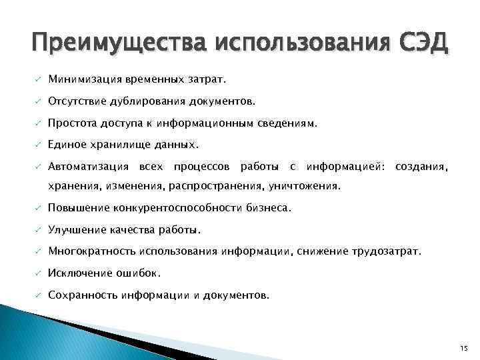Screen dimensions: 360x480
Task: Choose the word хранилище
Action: pos(118,145)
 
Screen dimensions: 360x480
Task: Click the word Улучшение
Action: pos(77,230)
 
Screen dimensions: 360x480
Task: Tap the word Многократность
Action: pos(92,251)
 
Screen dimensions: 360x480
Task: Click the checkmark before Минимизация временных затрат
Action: pos(39,81)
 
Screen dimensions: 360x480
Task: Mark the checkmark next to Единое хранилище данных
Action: pos(39,145)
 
